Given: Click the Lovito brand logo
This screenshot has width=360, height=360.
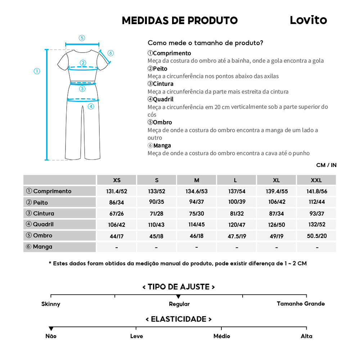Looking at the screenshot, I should coord(308,20).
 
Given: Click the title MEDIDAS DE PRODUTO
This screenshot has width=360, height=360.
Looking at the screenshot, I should coord(180,21).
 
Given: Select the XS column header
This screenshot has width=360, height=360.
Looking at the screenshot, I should coord(117,180).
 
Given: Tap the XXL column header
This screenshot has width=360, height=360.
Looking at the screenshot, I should coord(316,180).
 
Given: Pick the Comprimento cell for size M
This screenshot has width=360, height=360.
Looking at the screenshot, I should coord(197,192).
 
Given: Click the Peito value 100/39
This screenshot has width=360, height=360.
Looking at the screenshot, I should coord(237,202).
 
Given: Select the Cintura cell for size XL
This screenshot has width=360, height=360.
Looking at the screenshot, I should coord(276,214).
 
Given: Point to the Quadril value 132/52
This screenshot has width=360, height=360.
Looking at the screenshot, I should coord(316,225).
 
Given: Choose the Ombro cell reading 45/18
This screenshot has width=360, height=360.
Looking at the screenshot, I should coord(157,237).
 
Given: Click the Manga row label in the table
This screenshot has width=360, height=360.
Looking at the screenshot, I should coord(42,247).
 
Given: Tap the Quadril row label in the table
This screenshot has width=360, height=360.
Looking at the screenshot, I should coord(43,224).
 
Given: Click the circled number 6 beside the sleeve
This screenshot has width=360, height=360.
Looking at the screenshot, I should coord(111,53).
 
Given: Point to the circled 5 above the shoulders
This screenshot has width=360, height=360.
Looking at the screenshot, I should coord(82,38).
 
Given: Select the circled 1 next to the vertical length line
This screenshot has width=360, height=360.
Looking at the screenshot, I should coord(37,71).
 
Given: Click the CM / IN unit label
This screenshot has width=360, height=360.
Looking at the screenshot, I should coord(326,165).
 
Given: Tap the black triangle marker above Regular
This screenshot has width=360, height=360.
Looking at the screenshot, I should coord(178,296).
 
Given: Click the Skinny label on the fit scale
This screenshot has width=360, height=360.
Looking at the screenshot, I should coord(51,304).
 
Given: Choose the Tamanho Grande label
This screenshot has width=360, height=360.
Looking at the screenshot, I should coord(301,304).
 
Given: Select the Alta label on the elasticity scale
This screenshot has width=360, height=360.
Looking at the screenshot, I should coord(306,336).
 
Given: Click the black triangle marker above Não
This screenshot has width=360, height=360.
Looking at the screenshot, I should coord(51,329).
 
